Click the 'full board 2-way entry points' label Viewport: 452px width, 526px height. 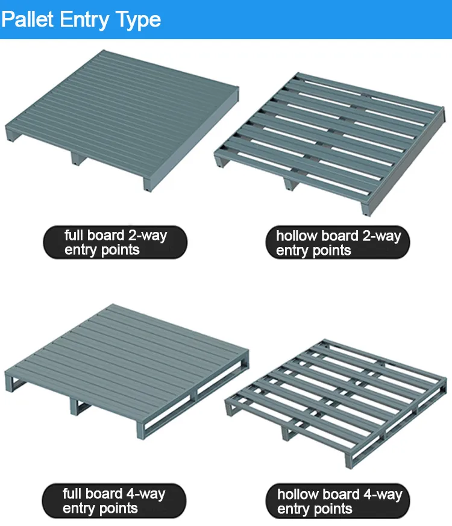(x=115, y=242)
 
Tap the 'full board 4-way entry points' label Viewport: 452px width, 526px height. (x=114, y=501)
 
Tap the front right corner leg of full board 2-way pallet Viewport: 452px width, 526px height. (x=146, y=183)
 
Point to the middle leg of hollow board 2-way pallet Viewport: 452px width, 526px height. (x=291, y=183)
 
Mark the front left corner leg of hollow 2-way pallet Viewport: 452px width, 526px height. (x=219, y=161)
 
